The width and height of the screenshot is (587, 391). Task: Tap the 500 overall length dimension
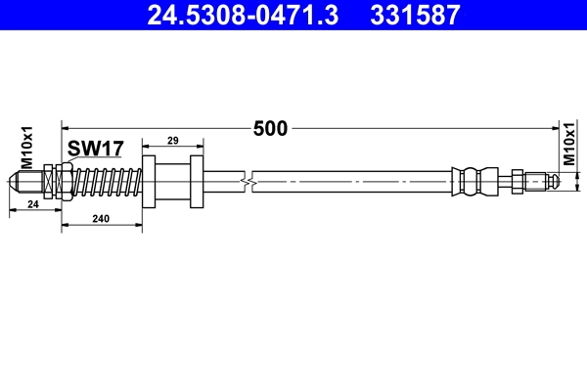(270, 128)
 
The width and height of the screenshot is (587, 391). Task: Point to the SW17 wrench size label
(95, 149)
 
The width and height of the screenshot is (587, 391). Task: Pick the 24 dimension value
(33, 204)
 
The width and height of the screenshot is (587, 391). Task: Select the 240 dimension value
(99, 221)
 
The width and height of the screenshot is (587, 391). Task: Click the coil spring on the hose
(110, 181)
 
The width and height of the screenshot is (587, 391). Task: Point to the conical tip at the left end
(15, 182)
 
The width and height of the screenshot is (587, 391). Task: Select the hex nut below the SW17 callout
(62, 181)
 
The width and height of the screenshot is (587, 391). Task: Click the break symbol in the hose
(252, 181)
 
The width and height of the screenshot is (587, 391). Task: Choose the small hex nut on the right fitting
(516, 181)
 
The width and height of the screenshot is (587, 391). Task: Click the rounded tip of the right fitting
(553, 181)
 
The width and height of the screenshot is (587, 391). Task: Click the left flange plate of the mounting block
(149, 181)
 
